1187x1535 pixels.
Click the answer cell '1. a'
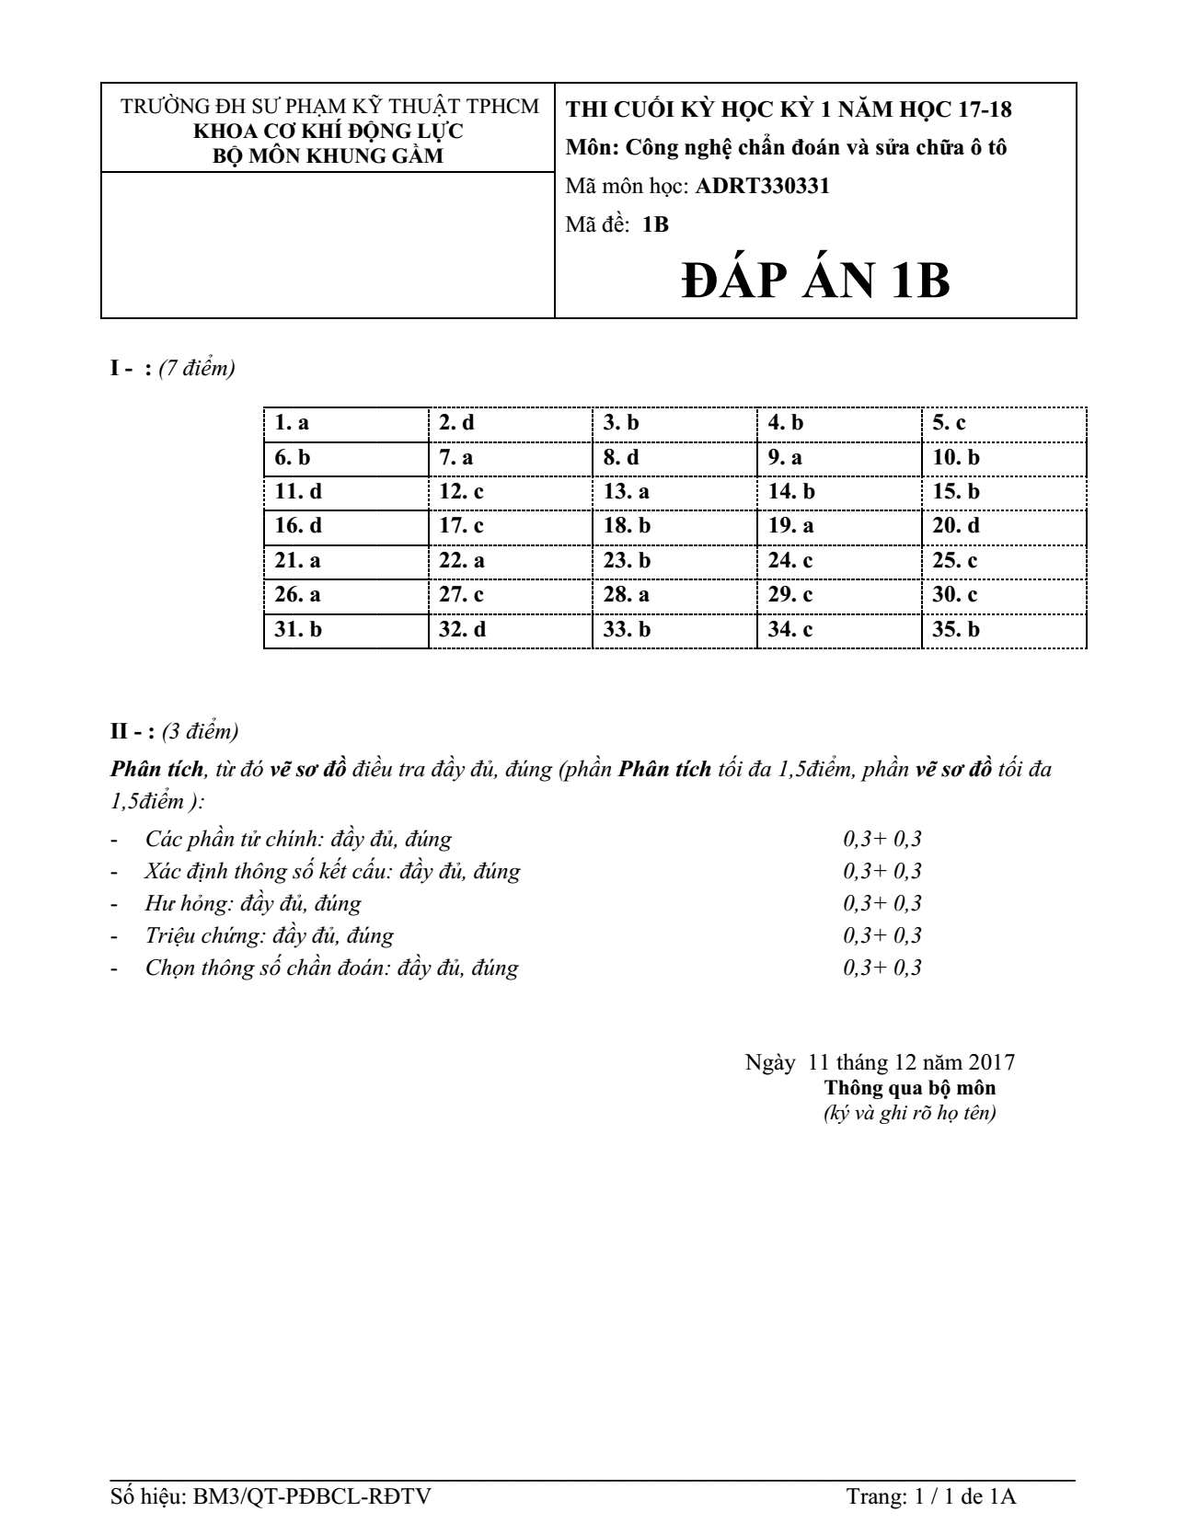tap(292, 423)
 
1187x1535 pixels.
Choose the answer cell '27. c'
tap(461, 595)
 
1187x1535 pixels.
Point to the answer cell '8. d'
tap(621, 457)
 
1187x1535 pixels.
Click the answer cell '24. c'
tap(790, 561)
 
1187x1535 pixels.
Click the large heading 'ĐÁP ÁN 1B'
tap(815, 281)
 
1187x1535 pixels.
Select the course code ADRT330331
tap(763, 186)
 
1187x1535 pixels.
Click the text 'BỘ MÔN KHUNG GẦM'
tap(328, 155)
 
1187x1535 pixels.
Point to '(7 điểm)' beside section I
tap(197, 369)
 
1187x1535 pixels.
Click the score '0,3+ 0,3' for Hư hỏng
tap(882, 903)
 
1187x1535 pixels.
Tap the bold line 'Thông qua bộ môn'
tap(909, 1088)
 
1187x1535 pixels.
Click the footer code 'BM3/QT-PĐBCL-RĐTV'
tap(312, 1496)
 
